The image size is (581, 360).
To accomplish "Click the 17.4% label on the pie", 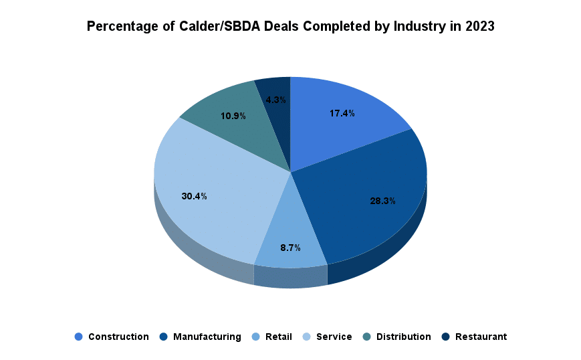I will (342, 113).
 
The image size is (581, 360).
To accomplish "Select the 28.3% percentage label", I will (383, 200).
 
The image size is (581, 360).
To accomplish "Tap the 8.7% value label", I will (290, 248).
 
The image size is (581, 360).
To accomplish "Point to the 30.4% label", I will (194, 196).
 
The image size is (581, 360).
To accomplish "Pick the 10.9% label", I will (233, 116).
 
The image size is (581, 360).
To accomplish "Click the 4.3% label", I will (275, 100).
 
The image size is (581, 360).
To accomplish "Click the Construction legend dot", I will (78, 337).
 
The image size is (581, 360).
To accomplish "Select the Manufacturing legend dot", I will (163, 337).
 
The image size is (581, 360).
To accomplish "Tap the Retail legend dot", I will (255, 337).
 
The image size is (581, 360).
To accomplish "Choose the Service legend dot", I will (306, 337).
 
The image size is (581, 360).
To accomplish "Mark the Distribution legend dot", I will (366, 337).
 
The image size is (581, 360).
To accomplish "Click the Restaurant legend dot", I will (445, 337).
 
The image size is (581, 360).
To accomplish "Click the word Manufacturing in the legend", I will (207, 337).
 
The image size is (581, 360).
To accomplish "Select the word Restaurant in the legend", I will (481, 337).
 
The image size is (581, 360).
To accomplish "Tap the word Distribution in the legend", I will (403, 337).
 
